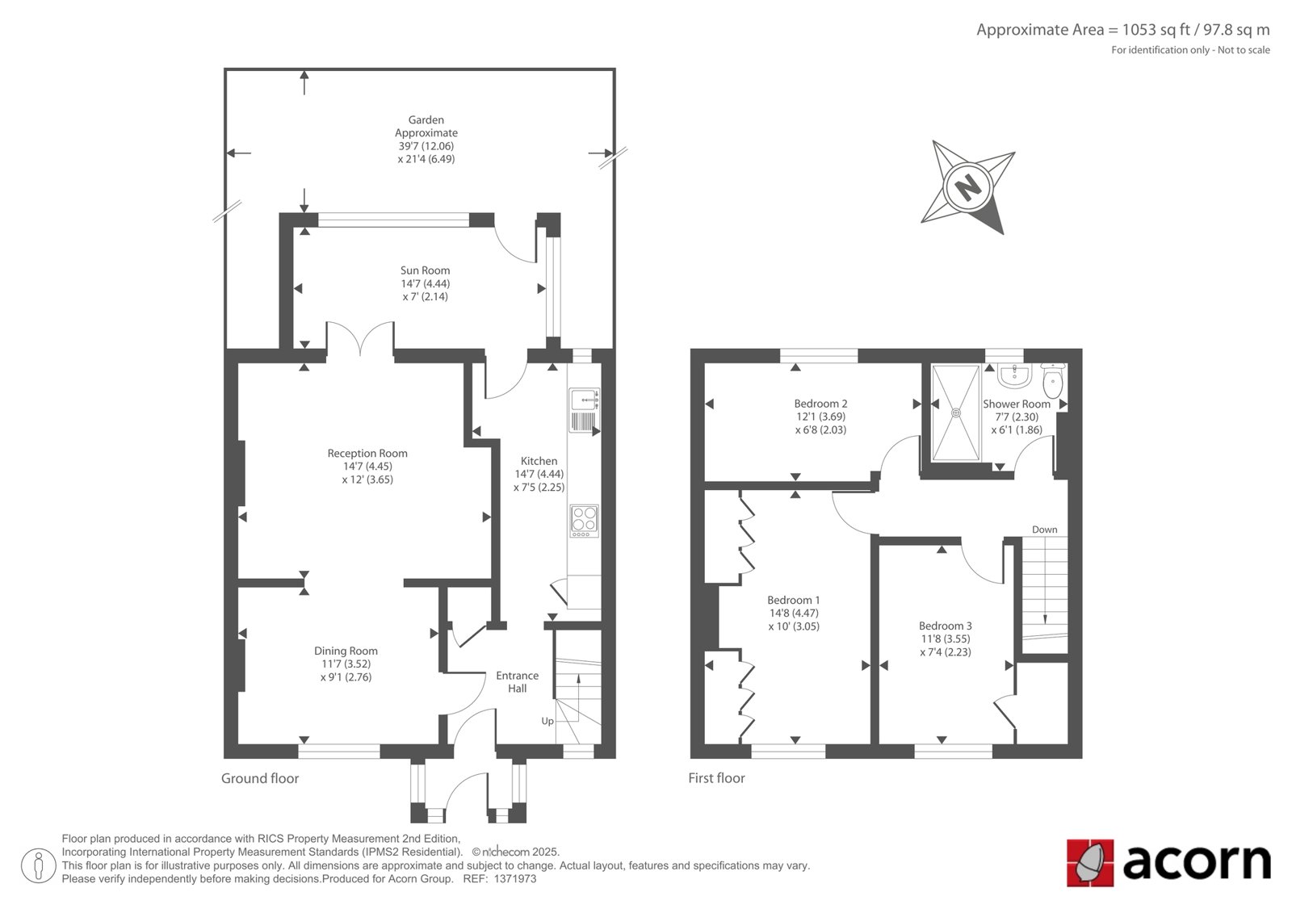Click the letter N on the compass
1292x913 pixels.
tap(968, 186)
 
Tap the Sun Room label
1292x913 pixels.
tap(425, 270)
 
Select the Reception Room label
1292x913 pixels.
tap(367, 454)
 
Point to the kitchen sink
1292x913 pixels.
tap(585, 410)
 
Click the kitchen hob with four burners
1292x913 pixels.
tap(585, 521)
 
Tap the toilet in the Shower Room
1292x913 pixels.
tap(1053, 380)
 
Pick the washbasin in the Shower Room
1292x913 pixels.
tap(1014, 375)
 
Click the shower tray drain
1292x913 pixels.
tap(956, 413)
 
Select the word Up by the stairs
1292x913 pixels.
tap(547, 722)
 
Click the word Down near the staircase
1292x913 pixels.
tap(1045, 530)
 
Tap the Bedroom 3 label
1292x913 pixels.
tap(946, 626)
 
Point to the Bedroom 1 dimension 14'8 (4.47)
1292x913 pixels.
tap(794, 613)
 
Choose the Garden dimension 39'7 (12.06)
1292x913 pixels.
tap(426, 146)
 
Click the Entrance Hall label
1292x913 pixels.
tap(518, 681)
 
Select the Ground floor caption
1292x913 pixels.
tap(260, 779)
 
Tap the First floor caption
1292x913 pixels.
tap(716, 778)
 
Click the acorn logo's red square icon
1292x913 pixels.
tap(1090, 863)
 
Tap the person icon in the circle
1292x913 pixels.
tap(38, 865)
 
